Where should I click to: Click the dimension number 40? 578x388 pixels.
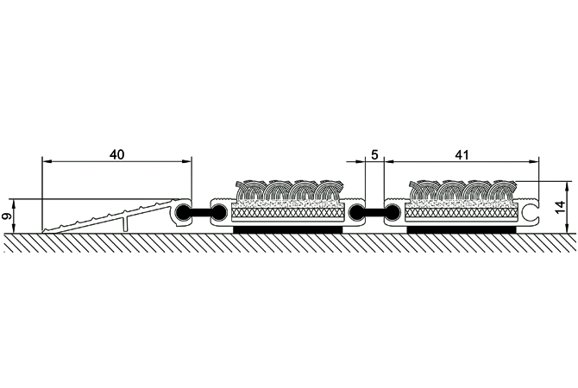[x=116, y=154]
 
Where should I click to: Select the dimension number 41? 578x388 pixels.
[x=462, y=154]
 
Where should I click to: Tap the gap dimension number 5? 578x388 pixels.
[x=374, y=154]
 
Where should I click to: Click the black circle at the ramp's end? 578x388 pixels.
[x=182, y=211]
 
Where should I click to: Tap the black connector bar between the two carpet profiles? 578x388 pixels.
[x=374, y=211]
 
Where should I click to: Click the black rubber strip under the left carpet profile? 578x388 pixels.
[x=288, y=229]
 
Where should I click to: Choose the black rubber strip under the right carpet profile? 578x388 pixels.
[x=462, y=229]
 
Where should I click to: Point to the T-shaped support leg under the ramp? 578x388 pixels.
[x=126, y=223]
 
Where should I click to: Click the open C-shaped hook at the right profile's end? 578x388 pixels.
[x=530, y=212]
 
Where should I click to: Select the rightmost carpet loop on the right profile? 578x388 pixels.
[x=503, y=191]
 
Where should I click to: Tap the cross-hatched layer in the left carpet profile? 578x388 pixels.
[x=288, y=213]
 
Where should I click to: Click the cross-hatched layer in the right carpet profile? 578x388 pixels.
[x=461, y=213]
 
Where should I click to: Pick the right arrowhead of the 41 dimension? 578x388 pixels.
[x=535, y=161]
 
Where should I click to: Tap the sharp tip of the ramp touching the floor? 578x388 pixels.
[x=43, y=232]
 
